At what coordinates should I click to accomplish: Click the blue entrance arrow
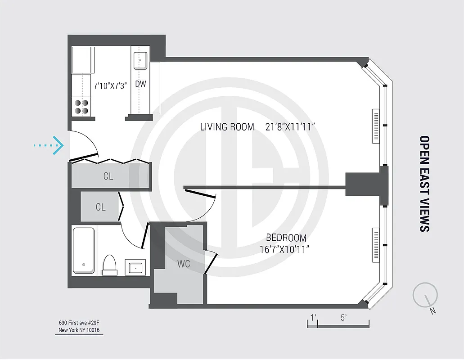50,145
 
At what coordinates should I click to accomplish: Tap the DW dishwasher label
140,84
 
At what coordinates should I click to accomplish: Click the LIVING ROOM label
227,127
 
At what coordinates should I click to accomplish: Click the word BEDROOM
286,238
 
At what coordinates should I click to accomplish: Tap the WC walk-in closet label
183,264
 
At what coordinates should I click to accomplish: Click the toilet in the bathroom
109,265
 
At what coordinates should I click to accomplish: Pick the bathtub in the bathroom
84,250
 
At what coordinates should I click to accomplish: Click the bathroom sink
135,267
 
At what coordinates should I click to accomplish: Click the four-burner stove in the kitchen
81,107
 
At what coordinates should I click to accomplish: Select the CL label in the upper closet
108,176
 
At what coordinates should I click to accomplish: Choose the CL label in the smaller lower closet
100,207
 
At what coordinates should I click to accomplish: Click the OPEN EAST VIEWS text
424,184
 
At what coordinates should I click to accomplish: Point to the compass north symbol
425,295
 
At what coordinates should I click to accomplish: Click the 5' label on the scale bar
343,318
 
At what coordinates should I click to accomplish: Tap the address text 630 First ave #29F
79,323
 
